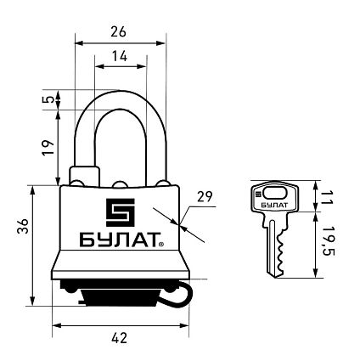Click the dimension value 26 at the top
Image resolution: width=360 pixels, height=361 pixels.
pyautogui.click(x=118, y=31)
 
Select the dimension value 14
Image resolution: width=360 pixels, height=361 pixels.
pyautogui.click(x=120, y=56)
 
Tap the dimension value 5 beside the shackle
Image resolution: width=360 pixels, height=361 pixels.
pyautogui.click(x=49, y=99)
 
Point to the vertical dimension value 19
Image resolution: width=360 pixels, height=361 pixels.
pyautogui.click(x=49, y=147)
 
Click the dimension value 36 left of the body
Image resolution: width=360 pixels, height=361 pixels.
pyautogui.click(x=23, y=226)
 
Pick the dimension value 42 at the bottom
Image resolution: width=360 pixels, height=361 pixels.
pyautogui.click(x=120, y=338)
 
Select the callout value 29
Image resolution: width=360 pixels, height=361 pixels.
pyautogui.click(x=205, y=196)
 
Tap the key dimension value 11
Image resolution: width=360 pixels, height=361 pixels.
pyautogui.click(x=328, y=197)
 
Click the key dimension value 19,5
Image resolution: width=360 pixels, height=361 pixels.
pyautogui.click(x=329, y=240)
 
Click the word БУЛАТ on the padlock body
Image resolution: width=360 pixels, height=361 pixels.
pyautogui.click(x=120, y=240)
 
